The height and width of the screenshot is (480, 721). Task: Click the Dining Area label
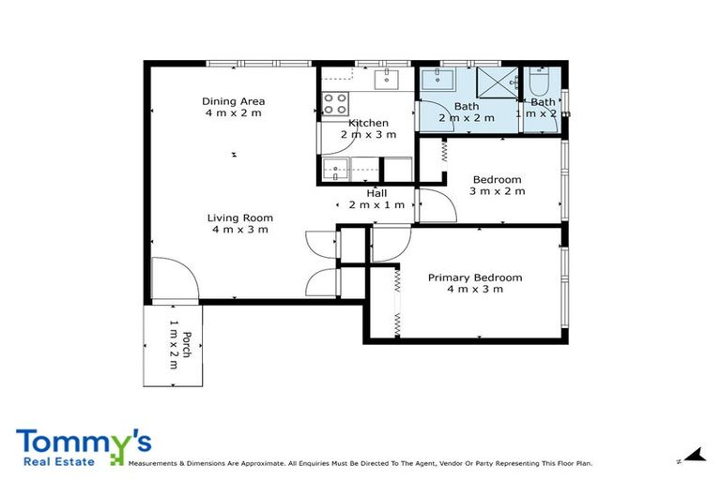[x=233, y=101]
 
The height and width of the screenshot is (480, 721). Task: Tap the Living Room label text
[x=239, y=218]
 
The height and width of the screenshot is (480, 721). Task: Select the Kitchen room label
[x=368, y=123]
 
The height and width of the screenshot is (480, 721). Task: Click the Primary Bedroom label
[x=474, y=277]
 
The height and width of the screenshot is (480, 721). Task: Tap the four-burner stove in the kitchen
[x=335, y=103]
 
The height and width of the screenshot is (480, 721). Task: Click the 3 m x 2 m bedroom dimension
[x=497, y=191]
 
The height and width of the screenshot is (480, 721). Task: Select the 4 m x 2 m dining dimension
[x=233, y=112]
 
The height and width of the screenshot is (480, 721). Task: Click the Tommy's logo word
[x=84, y=443]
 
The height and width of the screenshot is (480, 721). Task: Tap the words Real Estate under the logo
[x=50, y=461]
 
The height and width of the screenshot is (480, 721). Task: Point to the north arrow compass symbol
[x=693, y=456]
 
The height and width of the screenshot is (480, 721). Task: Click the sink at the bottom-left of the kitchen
[x=335, y=169]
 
